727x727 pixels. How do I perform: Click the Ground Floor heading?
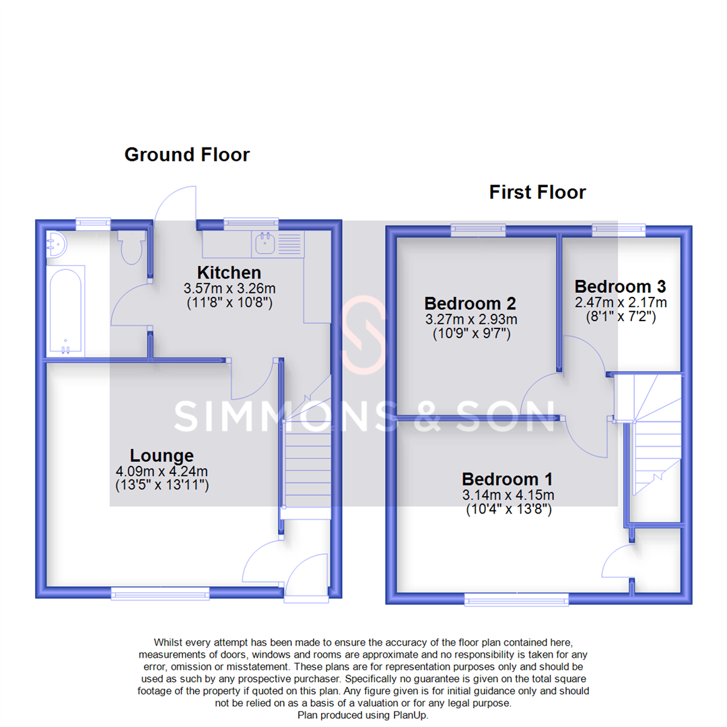coord(187,155)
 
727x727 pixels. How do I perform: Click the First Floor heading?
coord(537,193)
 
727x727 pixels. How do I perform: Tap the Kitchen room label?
coord(229,273)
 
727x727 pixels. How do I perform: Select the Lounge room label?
coord(162,455)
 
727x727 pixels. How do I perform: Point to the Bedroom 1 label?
coord(508,479)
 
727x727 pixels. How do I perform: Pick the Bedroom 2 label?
coord(469,302)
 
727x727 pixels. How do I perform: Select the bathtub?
coord(65,310)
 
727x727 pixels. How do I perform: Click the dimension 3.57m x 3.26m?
coord(230,288)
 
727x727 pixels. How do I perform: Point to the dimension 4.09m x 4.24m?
coord(162,471)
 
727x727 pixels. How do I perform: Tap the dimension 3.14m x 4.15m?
coord(508,495)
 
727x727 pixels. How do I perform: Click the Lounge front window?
coord(160,592)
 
